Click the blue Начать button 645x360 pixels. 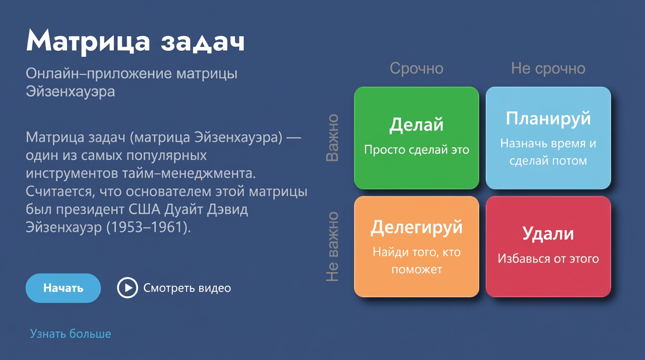(x=63, y=288)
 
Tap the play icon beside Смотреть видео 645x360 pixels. (x=127, y=288)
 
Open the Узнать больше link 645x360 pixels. (x=71, y=334)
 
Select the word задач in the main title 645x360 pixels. (x=202, y=42)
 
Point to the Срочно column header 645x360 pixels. (x=416, y=68)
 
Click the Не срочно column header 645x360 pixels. (x=548, y=68)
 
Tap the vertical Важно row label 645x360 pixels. (x=332, y=138)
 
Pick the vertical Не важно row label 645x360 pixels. (x=332, y=247)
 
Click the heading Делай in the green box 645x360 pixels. (x=416, y=125)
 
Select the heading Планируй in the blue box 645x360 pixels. (x=548, y=119)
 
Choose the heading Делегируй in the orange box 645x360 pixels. (x=416, y=227)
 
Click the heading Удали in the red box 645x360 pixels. (x=548, y=233)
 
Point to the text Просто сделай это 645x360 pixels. (x=416, y=150)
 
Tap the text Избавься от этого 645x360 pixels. (x=548, y=259)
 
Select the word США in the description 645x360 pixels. (x=147, y=210)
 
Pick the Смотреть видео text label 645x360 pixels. (x=187, y=288)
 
